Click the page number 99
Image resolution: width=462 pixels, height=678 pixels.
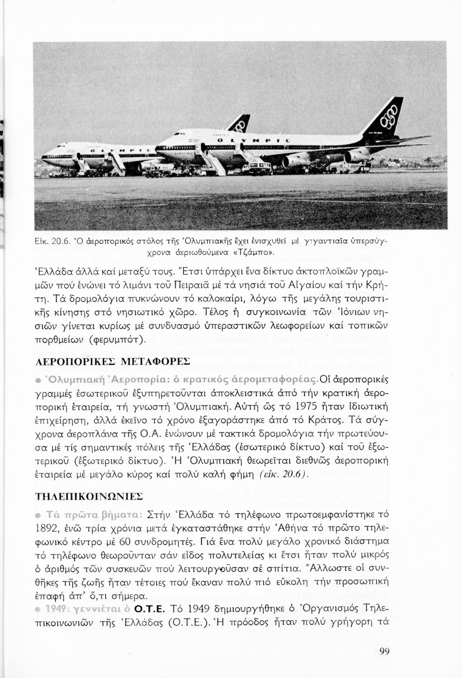pyautogui.click(x=385, y=651)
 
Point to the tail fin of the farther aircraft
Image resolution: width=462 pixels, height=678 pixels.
pyautogui.click(x=240, y=123)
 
